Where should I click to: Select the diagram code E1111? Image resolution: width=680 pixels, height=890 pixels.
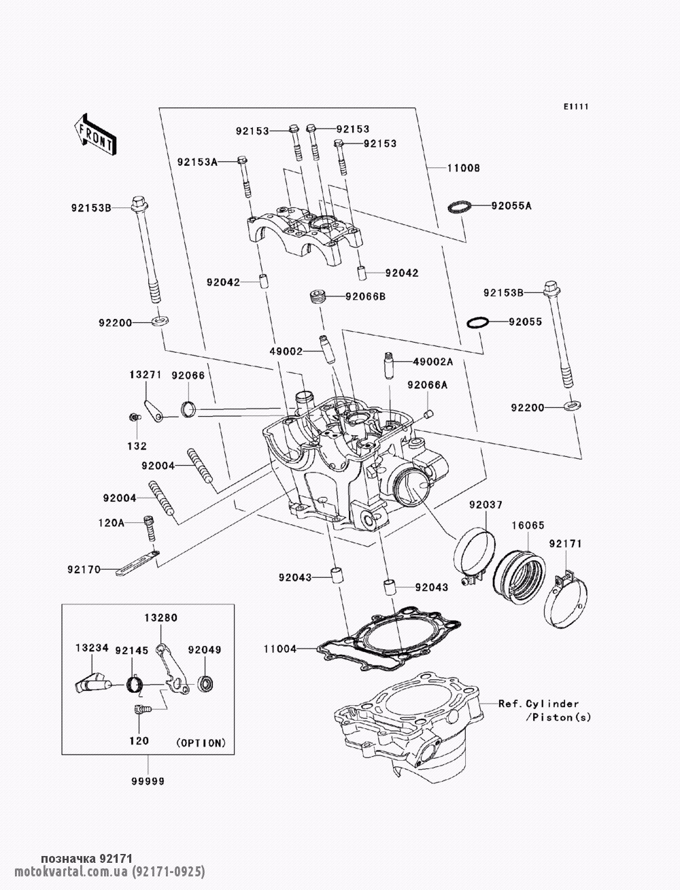pos(575,107)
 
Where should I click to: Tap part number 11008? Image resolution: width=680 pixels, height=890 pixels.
pos(463,168)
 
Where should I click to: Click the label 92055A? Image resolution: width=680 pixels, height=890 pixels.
pos(511,205)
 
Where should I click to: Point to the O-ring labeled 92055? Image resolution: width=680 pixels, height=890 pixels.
pos(478,322)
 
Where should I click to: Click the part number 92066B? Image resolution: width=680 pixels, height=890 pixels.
pos(365,296)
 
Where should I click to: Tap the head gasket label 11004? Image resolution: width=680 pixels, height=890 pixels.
pos(280,649)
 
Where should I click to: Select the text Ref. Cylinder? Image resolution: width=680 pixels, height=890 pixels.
pos(538,704)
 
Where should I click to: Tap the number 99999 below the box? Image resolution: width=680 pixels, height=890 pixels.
pos(148,781)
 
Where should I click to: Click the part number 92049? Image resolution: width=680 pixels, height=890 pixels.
pos(205,649)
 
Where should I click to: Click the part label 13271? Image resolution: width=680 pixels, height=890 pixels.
pos(146,375)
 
